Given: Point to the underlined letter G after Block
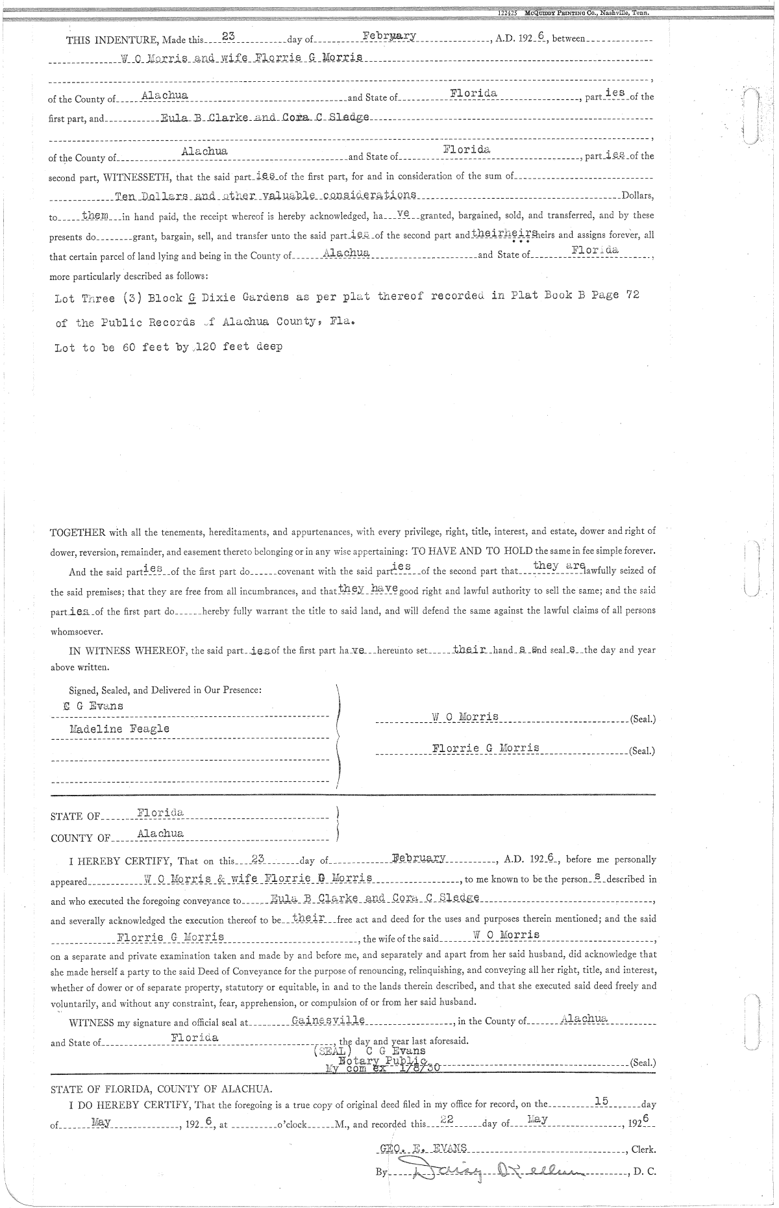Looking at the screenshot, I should coord(192,296).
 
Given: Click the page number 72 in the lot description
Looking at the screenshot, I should coord(632,295).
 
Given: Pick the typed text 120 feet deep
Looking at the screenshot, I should coord(243,347).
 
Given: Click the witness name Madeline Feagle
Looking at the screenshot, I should coord(119,729).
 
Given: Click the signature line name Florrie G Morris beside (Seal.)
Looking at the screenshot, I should coord(486,748).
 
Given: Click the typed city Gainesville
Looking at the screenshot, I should coord(328,1020).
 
